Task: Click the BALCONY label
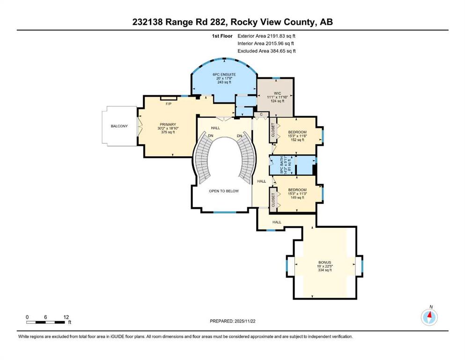pos(119,126)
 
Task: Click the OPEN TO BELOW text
pos(223,191)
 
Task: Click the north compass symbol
pos(429,317)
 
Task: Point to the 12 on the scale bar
pos(66,317)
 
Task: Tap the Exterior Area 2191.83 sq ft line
pos(267,35)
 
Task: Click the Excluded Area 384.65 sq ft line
pos(267,51)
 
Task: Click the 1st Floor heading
pos(222,35)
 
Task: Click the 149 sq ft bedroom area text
pos(297,198)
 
